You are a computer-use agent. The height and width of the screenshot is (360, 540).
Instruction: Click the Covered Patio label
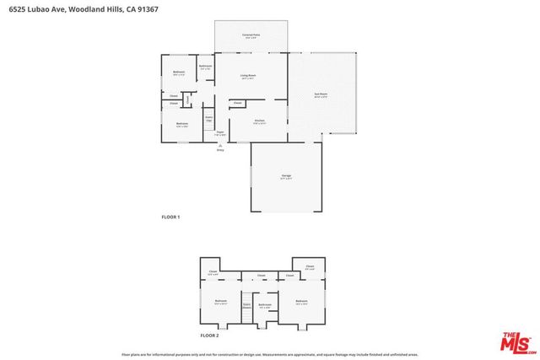[x=251, y=35]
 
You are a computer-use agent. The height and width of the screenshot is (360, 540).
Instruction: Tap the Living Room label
[x=247, y=76]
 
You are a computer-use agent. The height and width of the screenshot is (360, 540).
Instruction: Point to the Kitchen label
[x=260, y=121]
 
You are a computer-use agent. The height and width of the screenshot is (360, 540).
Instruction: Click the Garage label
[x=286, y=175]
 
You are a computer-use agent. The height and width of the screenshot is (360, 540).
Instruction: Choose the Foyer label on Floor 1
[x=219, y=132]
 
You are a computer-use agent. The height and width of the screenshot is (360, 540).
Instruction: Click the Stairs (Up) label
[x=208, y=119]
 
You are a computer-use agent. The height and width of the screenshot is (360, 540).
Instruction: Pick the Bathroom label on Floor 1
[x=205, y=67]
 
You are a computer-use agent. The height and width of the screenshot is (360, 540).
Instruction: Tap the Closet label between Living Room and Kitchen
[x=238, y=103]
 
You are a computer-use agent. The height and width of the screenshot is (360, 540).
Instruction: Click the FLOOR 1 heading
[x=170, y=217]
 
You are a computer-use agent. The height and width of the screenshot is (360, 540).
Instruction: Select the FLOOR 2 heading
[x=209, y=336]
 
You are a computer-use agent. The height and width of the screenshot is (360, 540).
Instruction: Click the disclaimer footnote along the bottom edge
[x=269, y=355]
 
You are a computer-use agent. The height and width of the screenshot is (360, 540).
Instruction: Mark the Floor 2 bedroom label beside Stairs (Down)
[x=221, y=301]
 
